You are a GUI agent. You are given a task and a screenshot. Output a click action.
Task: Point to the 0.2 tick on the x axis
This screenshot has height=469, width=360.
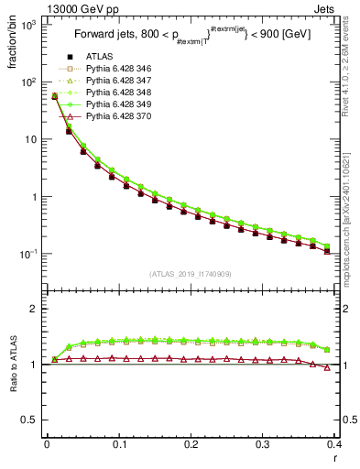(x=191, y=444)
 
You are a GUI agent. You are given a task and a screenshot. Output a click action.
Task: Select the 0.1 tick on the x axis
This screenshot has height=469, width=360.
(x=119, y=444)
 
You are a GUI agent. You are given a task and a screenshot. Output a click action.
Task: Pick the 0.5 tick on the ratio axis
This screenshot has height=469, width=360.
(x=32, y=420)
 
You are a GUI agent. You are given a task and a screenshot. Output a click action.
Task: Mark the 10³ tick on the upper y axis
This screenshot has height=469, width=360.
(x=30, y=25)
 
